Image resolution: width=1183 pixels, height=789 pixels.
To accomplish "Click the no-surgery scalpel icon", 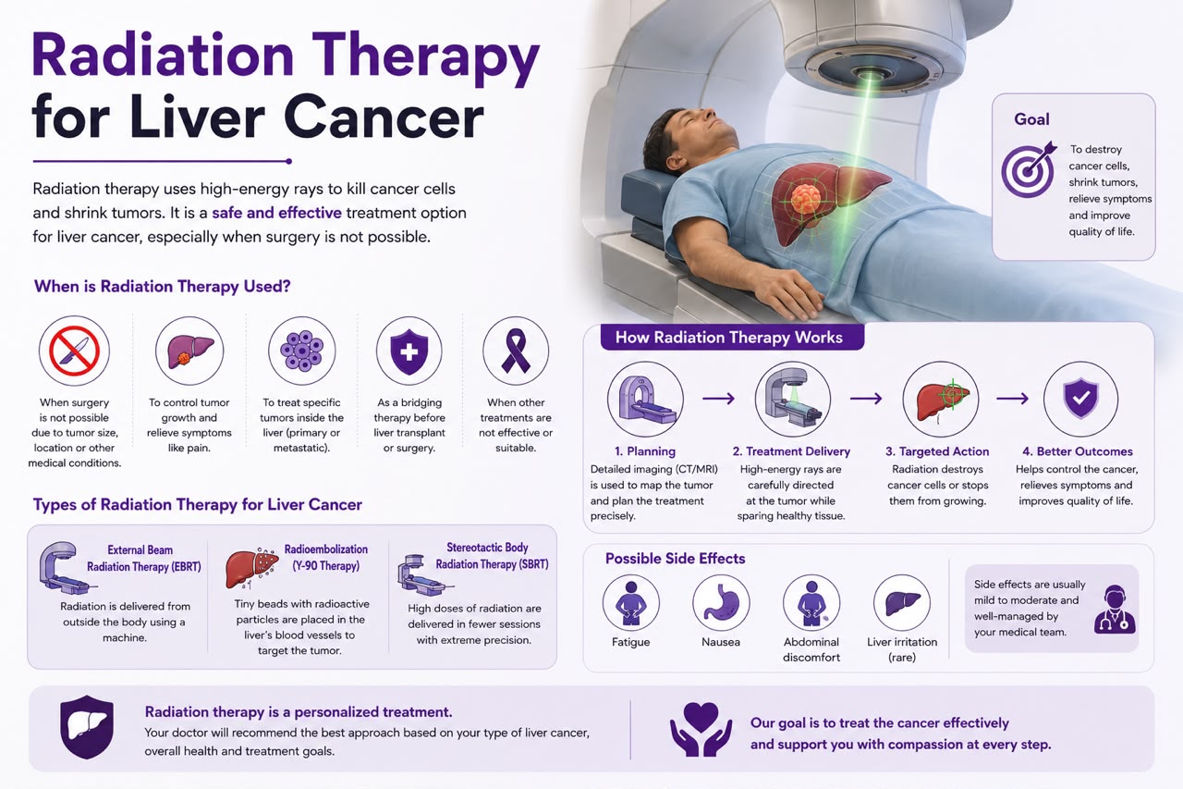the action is (74, 351).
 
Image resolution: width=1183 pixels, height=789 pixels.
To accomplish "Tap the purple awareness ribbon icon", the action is (516, 351).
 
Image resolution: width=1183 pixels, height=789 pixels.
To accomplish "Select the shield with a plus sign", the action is (409, 351).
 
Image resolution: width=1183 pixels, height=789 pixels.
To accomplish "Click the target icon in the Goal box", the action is (1029, 169).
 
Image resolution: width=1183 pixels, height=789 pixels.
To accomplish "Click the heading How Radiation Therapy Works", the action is (729, 338).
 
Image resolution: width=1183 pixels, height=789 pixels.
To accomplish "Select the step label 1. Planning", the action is (645, 451).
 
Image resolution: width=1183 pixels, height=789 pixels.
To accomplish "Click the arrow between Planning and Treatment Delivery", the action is (718, 398).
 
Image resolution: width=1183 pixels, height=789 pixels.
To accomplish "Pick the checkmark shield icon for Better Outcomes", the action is (1080, 399).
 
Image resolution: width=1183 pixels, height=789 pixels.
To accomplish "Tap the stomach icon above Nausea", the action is (721, 602).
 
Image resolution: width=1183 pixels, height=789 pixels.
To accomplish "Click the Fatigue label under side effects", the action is (630, 642).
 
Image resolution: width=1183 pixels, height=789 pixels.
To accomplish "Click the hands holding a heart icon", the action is (701, 729).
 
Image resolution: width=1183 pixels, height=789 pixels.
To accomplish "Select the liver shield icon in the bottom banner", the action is (87, 727).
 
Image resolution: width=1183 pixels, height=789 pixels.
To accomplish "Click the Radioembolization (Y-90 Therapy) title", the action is (326, 558).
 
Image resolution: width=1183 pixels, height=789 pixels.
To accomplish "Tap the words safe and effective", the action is (276, 213).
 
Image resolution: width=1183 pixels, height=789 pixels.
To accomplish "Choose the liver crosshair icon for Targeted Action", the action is (941, 399).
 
